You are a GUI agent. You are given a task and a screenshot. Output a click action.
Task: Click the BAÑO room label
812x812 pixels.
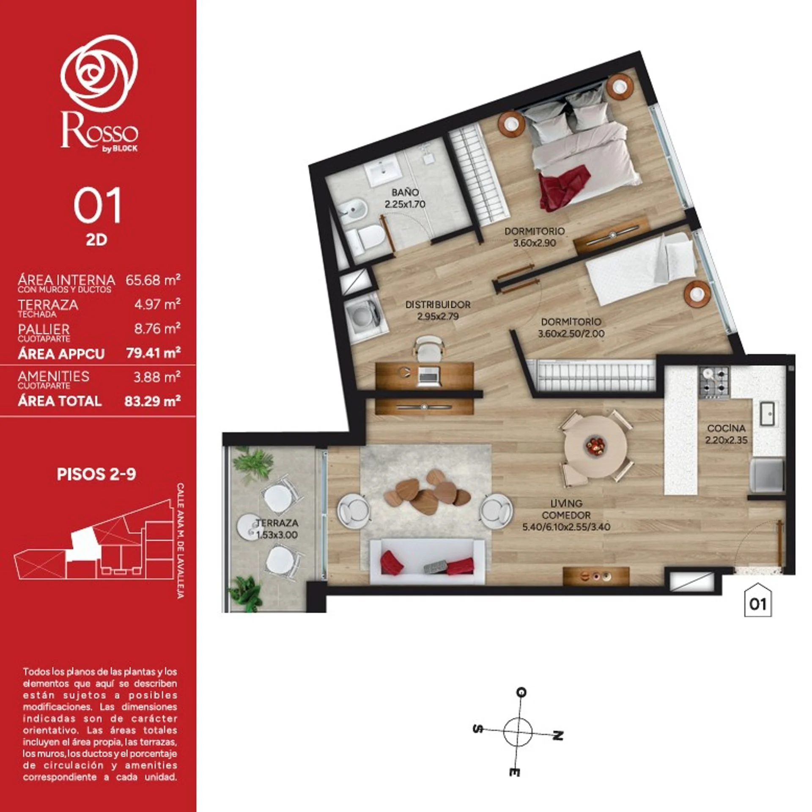[405, 193]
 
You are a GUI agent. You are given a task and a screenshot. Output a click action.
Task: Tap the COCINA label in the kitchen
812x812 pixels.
[726, 428]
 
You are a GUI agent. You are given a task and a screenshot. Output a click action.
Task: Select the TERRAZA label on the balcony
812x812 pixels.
[277, 523]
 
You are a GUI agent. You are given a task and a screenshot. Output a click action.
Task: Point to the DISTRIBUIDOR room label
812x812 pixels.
[438, 304]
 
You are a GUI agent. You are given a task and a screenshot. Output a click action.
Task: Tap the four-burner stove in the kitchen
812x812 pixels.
[713, 383]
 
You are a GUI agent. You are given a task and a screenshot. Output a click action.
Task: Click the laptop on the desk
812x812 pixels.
[428, 374]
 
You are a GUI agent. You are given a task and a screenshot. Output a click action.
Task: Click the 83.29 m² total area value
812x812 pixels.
[153, 401]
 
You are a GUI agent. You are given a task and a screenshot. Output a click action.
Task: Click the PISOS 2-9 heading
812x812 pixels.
[96, 474]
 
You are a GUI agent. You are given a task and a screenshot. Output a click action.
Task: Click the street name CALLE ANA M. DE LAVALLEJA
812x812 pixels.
[181, 541]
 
